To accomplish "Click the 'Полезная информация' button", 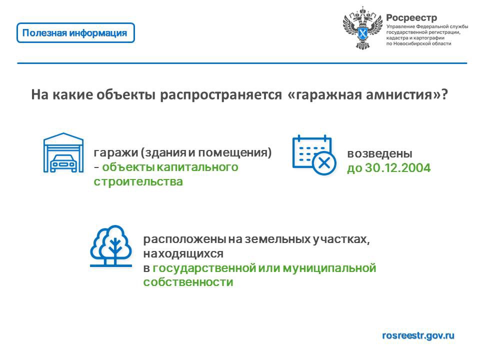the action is coord(75,33).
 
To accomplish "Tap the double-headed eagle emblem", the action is coord(362,27).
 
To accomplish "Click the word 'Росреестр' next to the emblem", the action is coord(411,18).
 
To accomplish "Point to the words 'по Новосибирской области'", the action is coord(418,44).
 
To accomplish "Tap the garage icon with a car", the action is coord(63,152).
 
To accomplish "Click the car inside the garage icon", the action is coord(63,163).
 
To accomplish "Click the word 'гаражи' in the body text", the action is coord(115,152).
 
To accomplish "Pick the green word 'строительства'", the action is coord(138,181).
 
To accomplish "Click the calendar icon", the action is coord(314,154).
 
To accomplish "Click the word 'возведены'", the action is coord(379,153).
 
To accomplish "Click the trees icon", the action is coord(111,246).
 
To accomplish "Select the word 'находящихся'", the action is coord(183,254).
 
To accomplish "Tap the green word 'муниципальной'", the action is coord(329,268).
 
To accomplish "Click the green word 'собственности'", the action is coord(188,282).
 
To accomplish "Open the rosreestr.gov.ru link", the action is coord(418,335).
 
